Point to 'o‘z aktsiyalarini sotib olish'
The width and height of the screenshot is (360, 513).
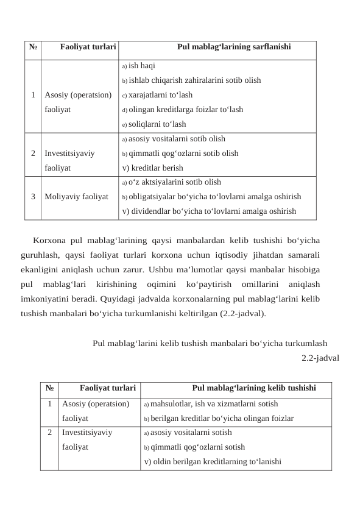171,182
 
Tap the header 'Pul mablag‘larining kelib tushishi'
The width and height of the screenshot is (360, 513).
253,387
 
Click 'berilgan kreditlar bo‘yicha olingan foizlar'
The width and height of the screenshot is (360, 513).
219,419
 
